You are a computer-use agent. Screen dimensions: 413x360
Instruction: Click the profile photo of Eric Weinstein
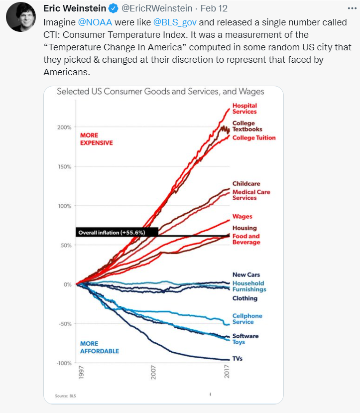point(21,17)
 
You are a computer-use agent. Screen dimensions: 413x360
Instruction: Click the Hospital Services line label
point(244,109)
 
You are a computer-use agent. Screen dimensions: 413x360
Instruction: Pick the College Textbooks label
point(247,126)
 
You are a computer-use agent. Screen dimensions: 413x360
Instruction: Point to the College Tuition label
point(253,138)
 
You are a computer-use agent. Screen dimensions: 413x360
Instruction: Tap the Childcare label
point(246,184)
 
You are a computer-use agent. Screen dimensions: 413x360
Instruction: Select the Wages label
point(242,217)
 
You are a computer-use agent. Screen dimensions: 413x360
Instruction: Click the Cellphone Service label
point(247,319)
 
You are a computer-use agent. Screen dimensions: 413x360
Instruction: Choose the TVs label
point(237,359)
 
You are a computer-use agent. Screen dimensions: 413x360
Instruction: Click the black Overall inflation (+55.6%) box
point(117,232)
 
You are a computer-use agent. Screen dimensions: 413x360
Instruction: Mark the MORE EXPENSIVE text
point(96,139)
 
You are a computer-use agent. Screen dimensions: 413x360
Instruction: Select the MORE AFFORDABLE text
point(99,347)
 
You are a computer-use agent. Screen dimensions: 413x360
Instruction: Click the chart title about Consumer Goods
point(160,92)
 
